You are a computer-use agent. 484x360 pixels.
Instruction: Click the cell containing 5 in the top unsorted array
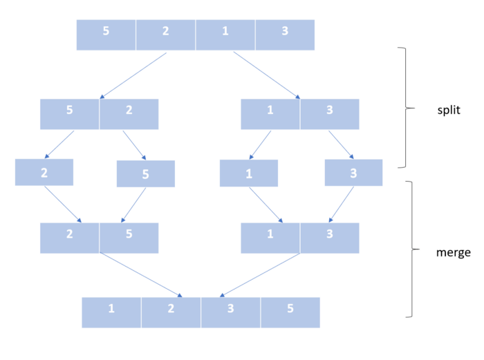click(106, 35)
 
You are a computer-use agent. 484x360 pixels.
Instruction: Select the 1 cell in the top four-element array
click(225, 35)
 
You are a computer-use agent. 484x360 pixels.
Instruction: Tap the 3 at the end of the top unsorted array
click(285, 35)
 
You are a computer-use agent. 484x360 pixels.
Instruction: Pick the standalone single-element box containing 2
click(44, 172)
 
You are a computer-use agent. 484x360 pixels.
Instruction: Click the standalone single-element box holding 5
click(146, 173)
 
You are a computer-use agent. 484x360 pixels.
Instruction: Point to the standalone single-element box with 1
click(249, 173)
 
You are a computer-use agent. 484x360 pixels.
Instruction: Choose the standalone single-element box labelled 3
click(353, 173)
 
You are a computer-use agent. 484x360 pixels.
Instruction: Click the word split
click(449, 110)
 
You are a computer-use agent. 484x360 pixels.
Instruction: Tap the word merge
click(454, 252)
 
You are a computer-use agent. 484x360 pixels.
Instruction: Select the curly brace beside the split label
click(406, 108)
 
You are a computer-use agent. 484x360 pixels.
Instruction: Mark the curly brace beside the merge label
click(412, 249)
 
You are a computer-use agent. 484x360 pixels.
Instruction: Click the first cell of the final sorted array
click(111, 312)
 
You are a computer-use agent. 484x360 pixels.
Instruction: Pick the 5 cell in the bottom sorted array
click(290, 312)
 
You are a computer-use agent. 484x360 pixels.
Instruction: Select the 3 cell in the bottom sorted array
click(230, 312)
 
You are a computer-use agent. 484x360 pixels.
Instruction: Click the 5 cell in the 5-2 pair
click(69, 114)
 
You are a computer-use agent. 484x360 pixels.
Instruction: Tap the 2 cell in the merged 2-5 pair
click(69, 238)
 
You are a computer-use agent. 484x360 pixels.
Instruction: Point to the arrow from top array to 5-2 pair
click(133, 75)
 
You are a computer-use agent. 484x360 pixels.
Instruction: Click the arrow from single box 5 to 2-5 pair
click(133, 205)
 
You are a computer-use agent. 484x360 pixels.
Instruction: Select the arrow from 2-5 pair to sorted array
click(141, 275)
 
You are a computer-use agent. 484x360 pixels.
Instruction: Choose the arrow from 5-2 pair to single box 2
click(59, 144)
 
